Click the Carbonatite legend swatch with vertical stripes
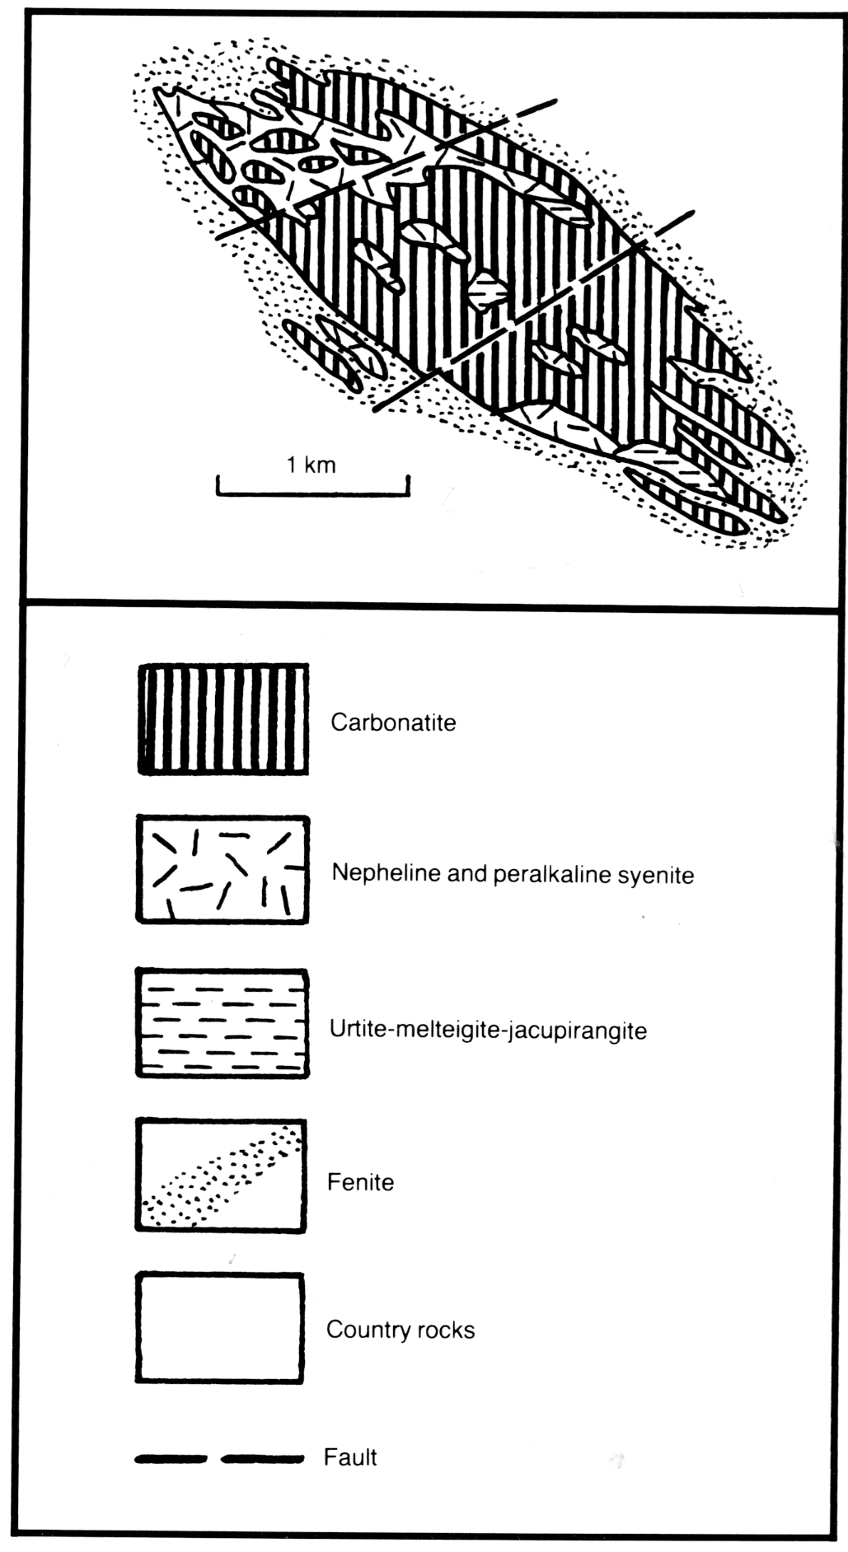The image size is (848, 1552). tap(223, 719)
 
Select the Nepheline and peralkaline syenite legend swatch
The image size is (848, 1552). tap(223, 869)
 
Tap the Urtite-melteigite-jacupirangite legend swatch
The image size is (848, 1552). tap(223, 1023)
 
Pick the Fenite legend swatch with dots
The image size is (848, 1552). tap(221, 1176)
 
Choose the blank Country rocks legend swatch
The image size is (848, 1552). tap(220, 1328)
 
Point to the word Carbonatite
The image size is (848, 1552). tap(393, 722)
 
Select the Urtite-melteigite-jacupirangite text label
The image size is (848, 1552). tap(488, 1030)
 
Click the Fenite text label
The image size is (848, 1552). tap(361, 1182)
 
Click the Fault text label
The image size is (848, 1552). tap(350, 1457)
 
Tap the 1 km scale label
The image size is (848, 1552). tap(312, 465)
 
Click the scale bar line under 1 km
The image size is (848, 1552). tap(313, 495)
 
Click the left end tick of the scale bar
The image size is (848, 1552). tap(218, 486)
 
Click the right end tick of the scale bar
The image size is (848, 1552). tap(409, 486)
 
